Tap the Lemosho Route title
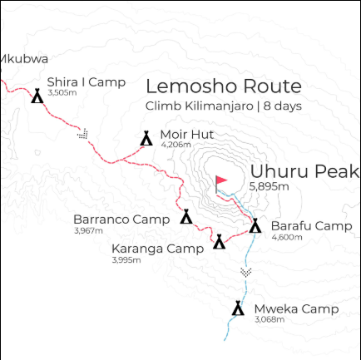click(x=223, y=86)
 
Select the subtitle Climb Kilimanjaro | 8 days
click(x=223, y=106)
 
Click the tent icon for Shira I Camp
click(x=37, y=96)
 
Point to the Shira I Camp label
click(x=86, y=81)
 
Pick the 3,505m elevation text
click(x=62, y=92)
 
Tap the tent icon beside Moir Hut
click(x=146, y=138)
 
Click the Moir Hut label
click(x=187, y=134)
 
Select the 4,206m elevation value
click(x=176, y=145)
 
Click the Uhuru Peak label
click(x=304, y=172)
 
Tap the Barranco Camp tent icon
click(x=186, y=217)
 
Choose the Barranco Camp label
click(x=121, y=220)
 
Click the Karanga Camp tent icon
click(x=219, y=241)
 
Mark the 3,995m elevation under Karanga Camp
click(x=126, y=260)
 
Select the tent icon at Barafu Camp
click(x=255, y=225)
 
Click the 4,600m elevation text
click(x=286, y=237)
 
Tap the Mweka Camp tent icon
click(x=238, y=308)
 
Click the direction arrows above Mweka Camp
click(x=245, y=272)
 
